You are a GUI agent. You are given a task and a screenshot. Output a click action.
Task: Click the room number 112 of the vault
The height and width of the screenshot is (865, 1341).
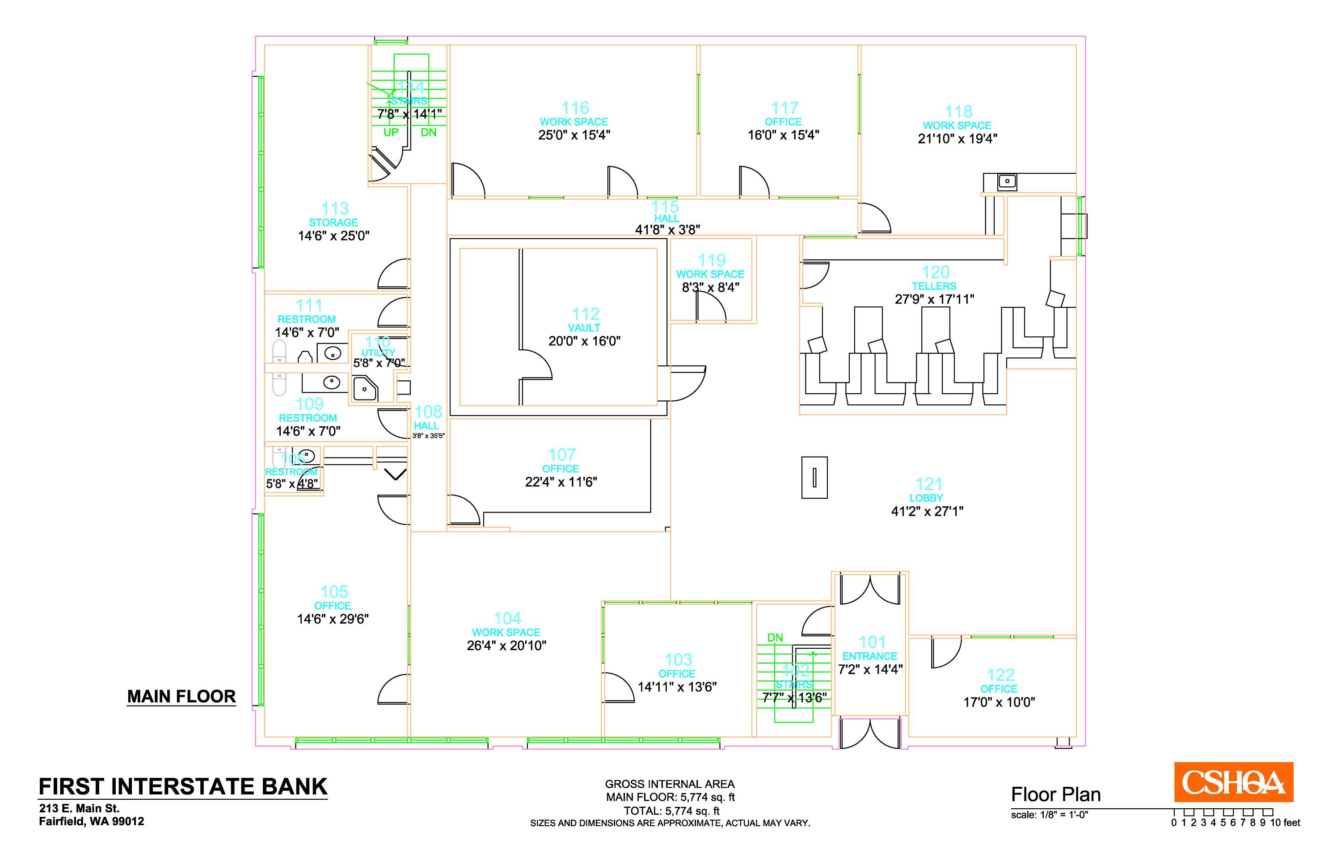coord(586,313)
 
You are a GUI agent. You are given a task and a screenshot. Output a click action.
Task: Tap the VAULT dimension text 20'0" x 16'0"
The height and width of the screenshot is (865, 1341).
coord(584,341)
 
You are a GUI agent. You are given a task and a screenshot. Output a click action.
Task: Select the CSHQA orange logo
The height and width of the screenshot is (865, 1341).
coord(1233,782)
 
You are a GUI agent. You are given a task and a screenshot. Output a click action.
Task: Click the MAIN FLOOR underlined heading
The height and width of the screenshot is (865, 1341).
coord(181,697)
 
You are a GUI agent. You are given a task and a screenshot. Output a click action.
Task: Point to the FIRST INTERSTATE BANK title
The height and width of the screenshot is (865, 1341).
coord(182,786)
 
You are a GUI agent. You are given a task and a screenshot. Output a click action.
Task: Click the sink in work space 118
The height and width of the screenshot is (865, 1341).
coord(1007,181)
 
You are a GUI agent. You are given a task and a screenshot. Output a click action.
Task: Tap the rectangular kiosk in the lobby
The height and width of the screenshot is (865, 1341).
coord(814,478)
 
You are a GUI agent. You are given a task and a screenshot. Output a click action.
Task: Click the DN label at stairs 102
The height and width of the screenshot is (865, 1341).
coord(775,638)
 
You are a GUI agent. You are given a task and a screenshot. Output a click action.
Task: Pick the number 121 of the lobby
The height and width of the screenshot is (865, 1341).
coord(929,483)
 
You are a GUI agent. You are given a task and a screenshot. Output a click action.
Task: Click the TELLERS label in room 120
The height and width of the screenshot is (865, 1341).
coord(934,286)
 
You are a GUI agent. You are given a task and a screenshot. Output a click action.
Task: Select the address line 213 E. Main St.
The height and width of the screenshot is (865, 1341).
coord(79,808)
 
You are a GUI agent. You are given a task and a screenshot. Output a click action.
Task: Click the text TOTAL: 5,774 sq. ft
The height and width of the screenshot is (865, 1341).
coord(671,810)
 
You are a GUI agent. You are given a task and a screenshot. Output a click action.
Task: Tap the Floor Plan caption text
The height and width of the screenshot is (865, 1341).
coord(1056,794)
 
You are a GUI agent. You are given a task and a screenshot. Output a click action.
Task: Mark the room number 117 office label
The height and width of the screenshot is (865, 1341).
coord(784,107)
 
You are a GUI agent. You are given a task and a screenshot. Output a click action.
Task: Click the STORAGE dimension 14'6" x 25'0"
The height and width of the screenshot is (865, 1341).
coord(334,236)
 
